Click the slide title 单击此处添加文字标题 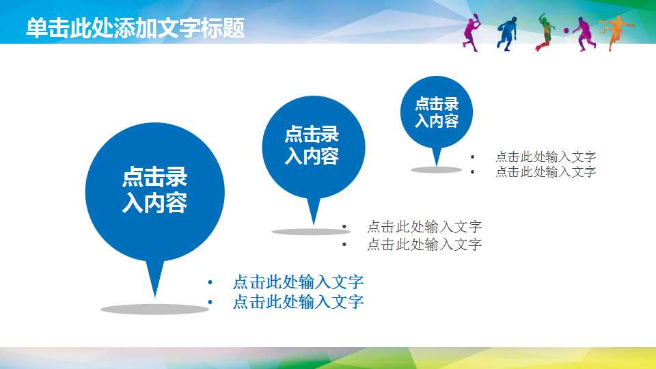point(135,28)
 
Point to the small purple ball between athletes point(566,31)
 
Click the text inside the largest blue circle point(154,191)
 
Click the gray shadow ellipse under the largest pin point(154,310)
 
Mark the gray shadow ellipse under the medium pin point(311,232)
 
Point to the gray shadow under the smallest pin point(436,169)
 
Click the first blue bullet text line point(298,282)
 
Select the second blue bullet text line point(298,302)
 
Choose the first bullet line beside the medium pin point(424,227)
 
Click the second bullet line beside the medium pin point(424,244)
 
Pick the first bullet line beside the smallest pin point(545,157)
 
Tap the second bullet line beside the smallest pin point(545,172)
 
